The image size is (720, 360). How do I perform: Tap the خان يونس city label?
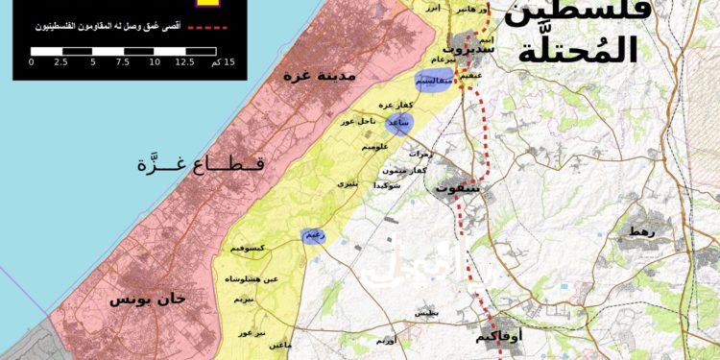pyautogui.click(x=147, y=300)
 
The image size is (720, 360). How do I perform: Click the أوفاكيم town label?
pyautogui.click(x=499, y=338)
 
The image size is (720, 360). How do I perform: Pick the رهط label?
pyautogui.click(x=636, y=231)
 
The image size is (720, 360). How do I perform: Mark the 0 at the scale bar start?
pyautogui.click(x=31, y=61)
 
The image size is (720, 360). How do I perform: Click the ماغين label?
pyautogui.click(x=278, y=343)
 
